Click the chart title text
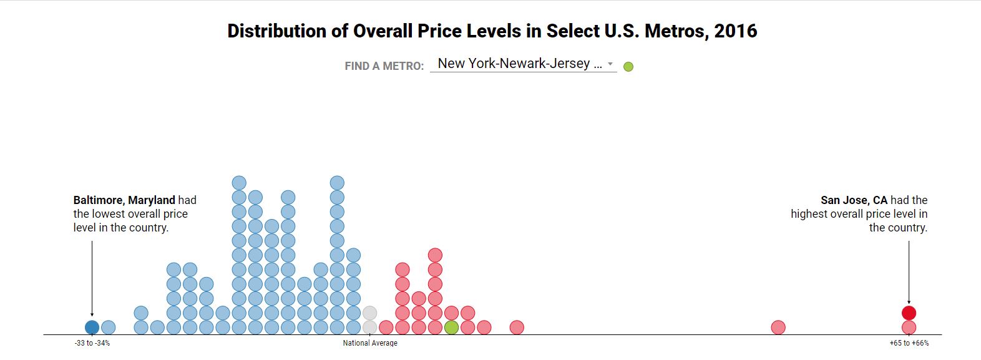(492, 31)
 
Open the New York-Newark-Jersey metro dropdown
(523, 64)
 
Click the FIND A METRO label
(384, 66)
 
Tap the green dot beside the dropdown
(628, 67)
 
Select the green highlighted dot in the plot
(451, 327)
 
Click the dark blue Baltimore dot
(92, 327)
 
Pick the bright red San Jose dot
(909, 313)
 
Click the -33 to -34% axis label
(92, 343)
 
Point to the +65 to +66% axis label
(909, 343)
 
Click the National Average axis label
(370, 343)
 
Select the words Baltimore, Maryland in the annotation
(124, 200)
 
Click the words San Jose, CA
(854, 200)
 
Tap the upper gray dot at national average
(369, 313)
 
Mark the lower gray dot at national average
(369, 327)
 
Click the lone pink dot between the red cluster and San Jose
(778, 327)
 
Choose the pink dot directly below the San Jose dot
(909, 327)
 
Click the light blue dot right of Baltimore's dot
(108, 327)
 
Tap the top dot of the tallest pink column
(435, 255)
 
